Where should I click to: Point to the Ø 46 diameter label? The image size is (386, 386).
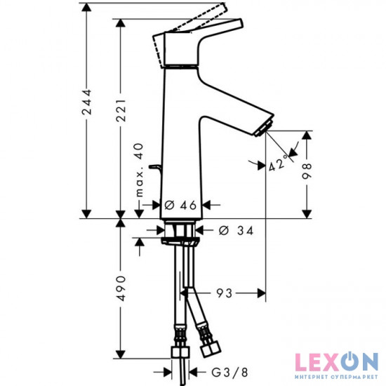click(x=178, y=205)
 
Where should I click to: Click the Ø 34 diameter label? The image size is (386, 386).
click(x=231, y=230)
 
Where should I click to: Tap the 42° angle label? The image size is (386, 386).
click(x=278, y=166)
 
